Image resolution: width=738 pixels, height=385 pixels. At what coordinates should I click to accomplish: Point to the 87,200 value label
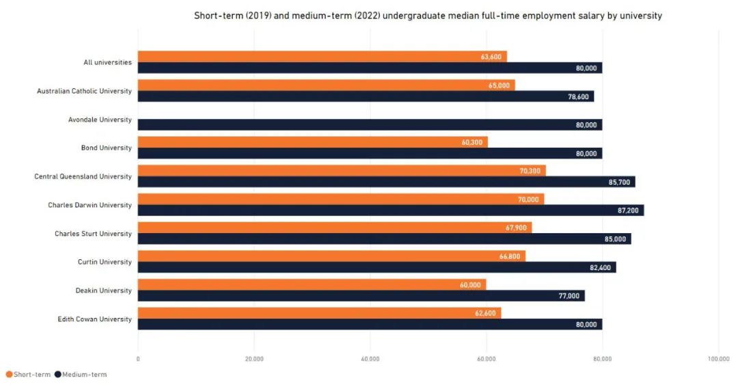pos(628,211)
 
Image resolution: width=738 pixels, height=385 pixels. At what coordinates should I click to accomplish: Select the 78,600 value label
pos(578,97)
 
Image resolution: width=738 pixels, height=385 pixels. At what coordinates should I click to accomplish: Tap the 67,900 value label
pos(516,228)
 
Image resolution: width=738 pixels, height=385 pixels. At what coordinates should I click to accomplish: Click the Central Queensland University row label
pos(83,176)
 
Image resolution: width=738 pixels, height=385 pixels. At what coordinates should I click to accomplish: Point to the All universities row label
pos(107,63)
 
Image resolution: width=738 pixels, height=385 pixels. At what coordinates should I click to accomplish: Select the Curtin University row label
pos(105,262)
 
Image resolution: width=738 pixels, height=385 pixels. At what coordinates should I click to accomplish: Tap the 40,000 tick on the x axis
pos(370,359)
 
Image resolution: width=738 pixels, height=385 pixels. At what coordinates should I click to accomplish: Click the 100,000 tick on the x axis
pos(718,359)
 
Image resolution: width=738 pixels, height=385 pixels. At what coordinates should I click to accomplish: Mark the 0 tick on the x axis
pos(138,359)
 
